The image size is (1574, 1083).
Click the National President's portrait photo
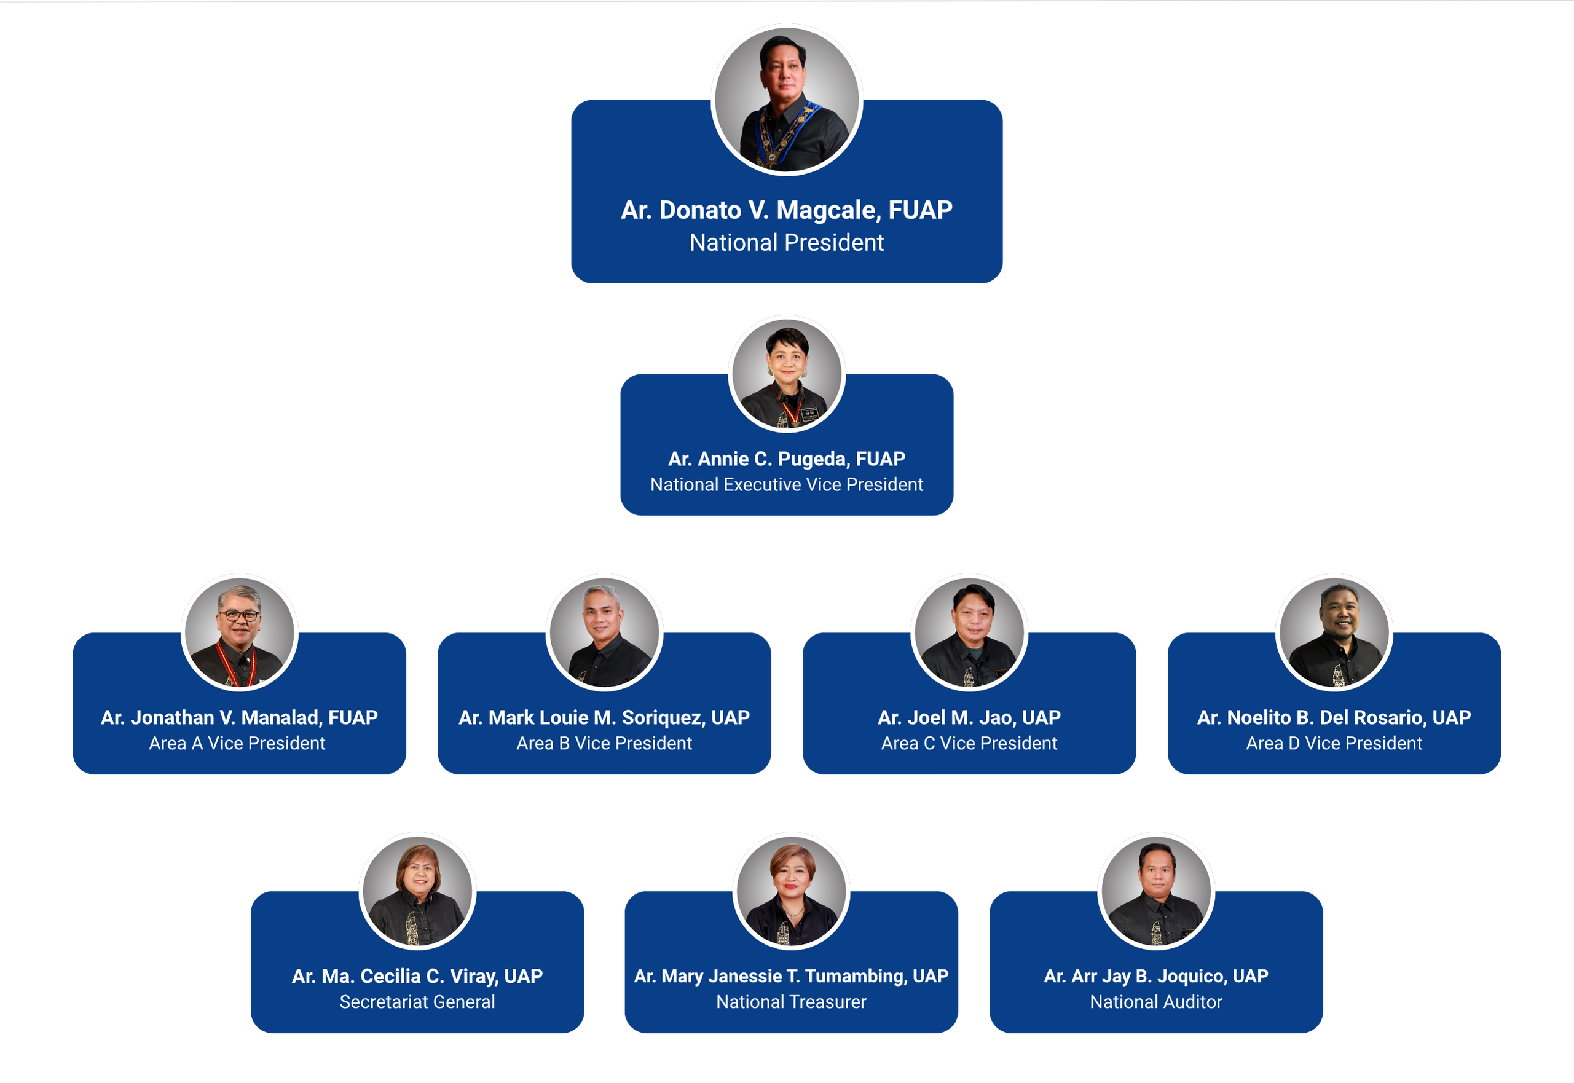click(x=786, y=100)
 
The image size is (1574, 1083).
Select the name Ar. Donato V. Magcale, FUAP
click(x=786, y=210)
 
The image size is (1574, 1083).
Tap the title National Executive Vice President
click(x=786, y=484)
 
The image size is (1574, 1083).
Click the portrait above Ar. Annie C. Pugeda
click(x=786, y=374)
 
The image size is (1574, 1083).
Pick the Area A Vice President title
click(x=237, y=743)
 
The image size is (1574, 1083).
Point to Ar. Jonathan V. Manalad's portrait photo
click(x=240, y=632)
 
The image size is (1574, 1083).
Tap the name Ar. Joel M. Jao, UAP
click(x=969, y=717)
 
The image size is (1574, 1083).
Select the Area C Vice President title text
click(x=969, y=743)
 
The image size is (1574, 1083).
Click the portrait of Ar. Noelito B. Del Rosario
click(x=1334, y=632)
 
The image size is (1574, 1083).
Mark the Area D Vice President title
click(x=1334, y=743)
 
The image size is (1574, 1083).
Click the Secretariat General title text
click(x=417, y=1002)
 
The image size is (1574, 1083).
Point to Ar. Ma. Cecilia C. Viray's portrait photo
click(x=417, y=891)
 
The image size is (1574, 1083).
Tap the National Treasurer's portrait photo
click(x=791, y=891)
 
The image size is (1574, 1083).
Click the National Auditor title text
click(x=1156, y=1002)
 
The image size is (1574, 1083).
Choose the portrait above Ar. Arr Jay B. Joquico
click(x=1156, y=891)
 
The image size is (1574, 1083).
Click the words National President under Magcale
click(x=786, y=242)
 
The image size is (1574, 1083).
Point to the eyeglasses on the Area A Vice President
click(x=238, y=615)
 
